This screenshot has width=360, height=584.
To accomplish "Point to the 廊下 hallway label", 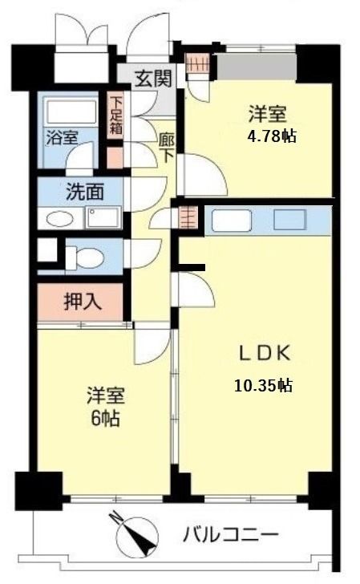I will pyautogui.click(x=167, y=147).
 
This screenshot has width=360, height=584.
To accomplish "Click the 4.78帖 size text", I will pyautogui.click(x=272, y=136).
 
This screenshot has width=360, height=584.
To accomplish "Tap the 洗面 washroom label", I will pyautogui.click(x=83, y=193).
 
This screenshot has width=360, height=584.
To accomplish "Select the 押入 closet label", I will pyautogui.click(x=81, y=302).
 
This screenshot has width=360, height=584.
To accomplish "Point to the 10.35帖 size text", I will pyautogui.click(x=262, y=386).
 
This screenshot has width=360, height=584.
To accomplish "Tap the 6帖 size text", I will pyautogui.click(x=105, y=418).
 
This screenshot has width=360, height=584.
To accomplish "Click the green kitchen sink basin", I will pyautogui.click(x=289, y=219).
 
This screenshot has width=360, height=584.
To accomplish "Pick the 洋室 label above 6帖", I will pyautogui.click(x=105, y=396).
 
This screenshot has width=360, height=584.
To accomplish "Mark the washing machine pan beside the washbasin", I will pyautogui.click(x=103, y=218).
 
